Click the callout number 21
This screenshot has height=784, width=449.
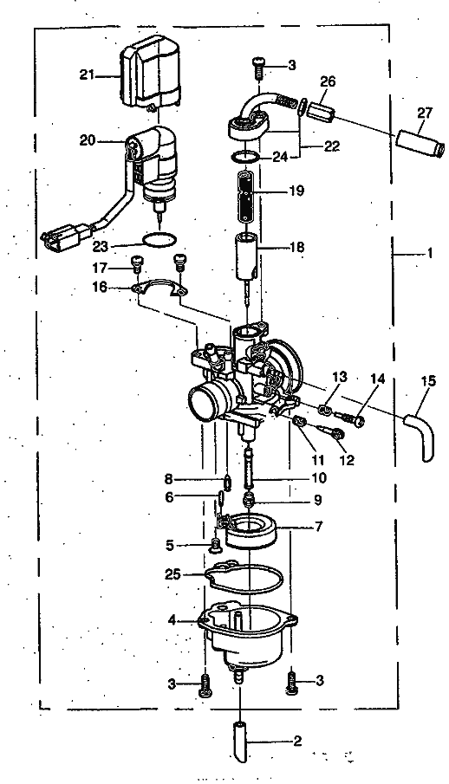[87, 75]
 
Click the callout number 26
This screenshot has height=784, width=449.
[328, 81]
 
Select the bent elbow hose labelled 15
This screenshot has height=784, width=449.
[422, 435]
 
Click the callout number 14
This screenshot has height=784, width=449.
[377, 379]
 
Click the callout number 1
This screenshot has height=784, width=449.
[429, 253]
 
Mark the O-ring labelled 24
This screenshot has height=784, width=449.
[244, 157]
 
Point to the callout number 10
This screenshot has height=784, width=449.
[318, 478]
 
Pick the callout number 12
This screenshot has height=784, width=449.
[347, 459]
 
